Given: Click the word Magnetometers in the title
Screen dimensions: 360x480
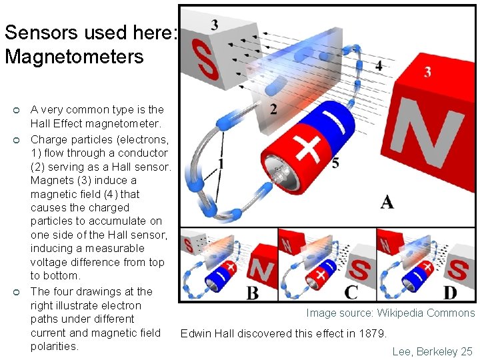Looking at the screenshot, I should [x=73, y=57].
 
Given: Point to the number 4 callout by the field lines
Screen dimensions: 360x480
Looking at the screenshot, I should [x=379, y=65].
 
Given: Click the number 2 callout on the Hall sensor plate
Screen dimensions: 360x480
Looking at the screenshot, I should [x=274, y=109].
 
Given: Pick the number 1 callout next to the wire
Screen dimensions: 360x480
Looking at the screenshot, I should [x=220, y=163].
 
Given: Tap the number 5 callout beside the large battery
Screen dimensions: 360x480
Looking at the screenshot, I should [x=335, y=163].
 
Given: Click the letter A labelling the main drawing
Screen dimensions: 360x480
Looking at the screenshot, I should [x=387, y=202].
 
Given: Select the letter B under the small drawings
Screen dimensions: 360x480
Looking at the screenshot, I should [x=253, y=292].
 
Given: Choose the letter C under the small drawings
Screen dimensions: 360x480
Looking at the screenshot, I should [x=351, y=292].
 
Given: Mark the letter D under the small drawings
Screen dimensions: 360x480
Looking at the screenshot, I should [x=451, y=292].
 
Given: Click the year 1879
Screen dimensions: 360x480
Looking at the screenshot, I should [x=371, y=333].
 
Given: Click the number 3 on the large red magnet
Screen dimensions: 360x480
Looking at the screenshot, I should [x=427, y=71].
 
